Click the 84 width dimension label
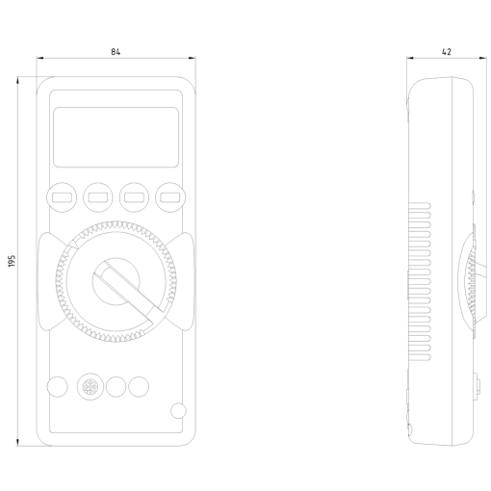point(116,52)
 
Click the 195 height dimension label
point(12,261)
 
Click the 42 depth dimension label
point(447,52)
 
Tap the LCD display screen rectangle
point(116,137)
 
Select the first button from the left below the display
point(62,197)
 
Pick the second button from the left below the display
point(98,197)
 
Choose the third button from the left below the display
point(134,197)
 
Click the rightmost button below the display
point(170,197)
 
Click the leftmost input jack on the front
point(58,386)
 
